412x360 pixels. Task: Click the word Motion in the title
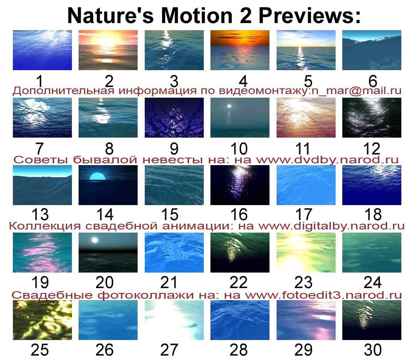click(x=197, y=16)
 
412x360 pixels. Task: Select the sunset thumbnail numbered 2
click(x=108, y=50)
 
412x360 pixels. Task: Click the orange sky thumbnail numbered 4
click(x=240, y=50)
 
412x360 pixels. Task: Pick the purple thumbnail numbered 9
click(x=174, y=118)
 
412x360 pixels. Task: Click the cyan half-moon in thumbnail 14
click(x=98, y=176)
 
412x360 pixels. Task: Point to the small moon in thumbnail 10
click(x=229, y=106)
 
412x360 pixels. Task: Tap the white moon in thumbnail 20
click(x=95, y=240)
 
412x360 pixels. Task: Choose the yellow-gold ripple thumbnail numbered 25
click(x=42, y=320)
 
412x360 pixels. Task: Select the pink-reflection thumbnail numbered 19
click(x=42, y=253)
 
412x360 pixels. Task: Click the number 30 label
click(x=372, y=350)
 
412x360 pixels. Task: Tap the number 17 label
click(x=304, y=214)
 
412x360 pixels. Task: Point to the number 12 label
click(x=372, y=149)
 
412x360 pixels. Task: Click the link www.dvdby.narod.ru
click(x=327, y=160)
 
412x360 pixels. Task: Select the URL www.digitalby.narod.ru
click(x=331, y=226)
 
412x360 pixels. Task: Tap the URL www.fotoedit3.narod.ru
click(x=324, y=295)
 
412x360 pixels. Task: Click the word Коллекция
click(x=45, y=226)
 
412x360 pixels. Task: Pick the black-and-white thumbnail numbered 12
click(x=372, y=118)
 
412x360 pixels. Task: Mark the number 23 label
click(x=303, y=282)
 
